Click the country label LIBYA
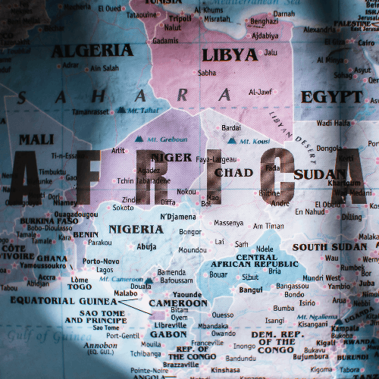point(229,55)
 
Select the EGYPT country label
point(331,97)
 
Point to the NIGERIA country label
point(136,229)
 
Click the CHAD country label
point(233,173)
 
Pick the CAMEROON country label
point(178,303)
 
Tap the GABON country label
point(169,334)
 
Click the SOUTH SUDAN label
point(330,247)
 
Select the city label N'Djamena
point(179,217)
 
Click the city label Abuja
point(147,246)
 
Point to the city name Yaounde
point(187,294)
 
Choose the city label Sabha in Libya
point(207,73)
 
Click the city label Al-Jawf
point(260,92)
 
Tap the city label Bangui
point(251,290)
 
